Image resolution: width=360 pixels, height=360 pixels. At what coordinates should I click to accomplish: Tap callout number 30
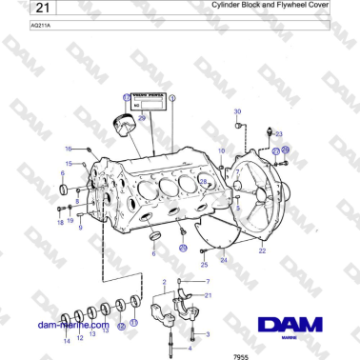pos(237,111)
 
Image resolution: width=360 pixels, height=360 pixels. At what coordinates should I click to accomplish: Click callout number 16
pos(68,149)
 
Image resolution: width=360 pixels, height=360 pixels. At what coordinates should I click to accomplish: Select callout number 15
pos(68,164)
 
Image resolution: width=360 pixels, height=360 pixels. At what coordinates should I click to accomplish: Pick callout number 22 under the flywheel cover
pos(262,250)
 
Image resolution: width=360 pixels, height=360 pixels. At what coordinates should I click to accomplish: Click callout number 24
pos(223,259)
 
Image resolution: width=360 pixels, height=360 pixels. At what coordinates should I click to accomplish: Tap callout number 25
pos(203,264)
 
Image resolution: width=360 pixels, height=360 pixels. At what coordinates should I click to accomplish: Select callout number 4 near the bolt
pos(163,350)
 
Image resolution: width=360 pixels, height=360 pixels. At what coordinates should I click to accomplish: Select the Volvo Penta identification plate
pos(146,104)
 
